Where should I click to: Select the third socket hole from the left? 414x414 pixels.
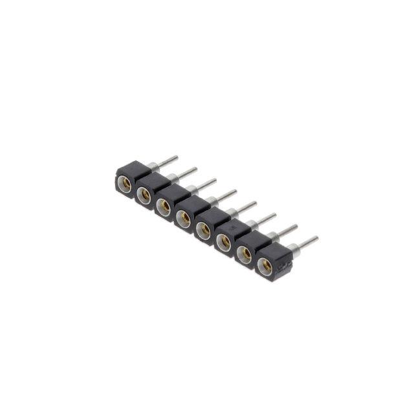tap(164, 206)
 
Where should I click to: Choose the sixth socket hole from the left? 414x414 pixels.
tap(223, 242)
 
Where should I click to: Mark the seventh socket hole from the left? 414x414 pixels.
tap(244, 254)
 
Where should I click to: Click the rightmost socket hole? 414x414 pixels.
tap(264, 265)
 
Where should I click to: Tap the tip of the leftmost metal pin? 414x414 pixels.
tap(176, 157)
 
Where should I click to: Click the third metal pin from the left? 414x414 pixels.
tap(206, 183)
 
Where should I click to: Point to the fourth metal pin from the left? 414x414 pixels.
tap(225, 194)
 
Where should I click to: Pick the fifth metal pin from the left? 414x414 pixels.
tap(246, 206)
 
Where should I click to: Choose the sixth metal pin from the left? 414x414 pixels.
tap(265, 217)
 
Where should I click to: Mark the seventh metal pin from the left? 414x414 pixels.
tap(286, 229)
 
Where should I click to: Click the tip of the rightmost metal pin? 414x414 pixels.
tap(316, 238)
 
